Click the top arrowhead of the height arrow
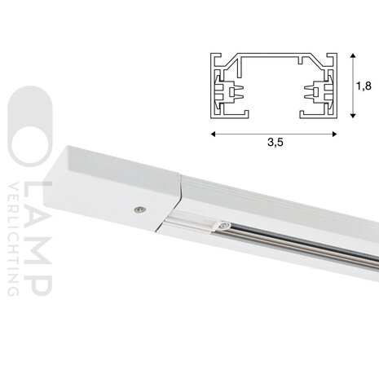point(351,55)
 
